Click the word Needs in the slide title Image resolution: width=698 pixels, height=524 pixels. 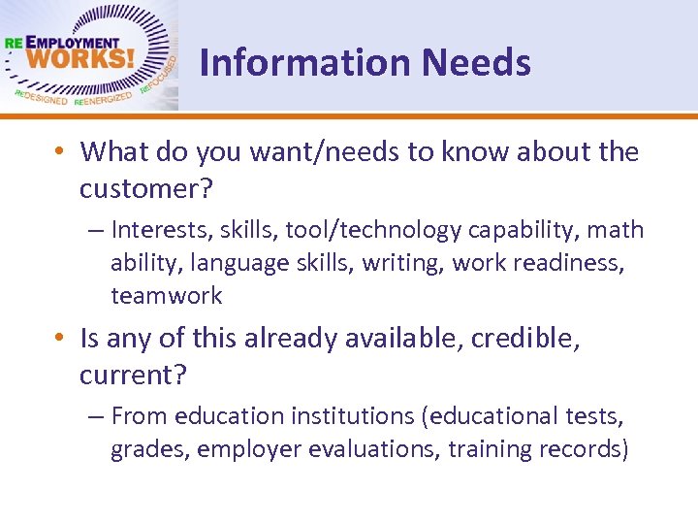[476, 63]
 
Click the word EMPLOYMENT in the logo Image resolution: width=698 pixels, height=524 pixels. [74, 43]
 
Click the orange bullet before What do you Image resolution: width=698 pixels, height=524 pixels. [59, 152]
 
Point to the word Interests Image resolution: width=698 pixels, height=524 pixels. [162, 230]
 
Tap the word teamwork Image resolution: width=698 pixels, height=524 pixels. [166, 295]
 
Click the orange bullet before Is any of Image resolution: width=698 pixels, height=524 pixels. [59, 339]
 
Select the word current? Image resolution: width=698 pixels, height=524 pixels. [134, 375]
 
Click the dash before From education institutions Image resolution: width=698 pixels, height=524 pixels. [94, 416]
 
